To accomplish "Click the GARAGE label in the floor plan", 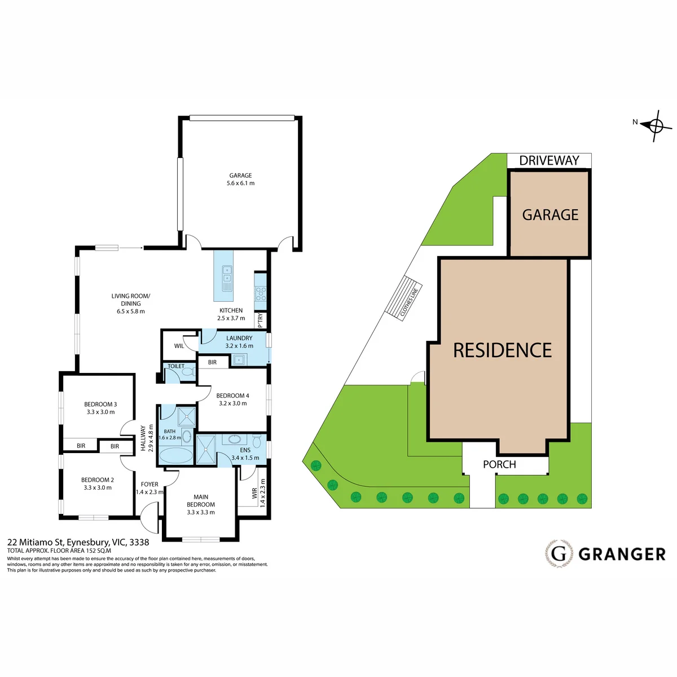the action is (240, 175).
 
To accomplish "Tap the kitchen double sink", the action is (227, 279).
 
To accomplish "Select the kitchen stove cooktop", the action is (261, 293).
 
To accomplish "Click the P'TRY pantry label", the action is (260, 320).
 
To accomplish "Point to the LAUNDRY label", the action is (239, 338).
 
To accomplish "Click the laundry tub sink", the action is (239, 360).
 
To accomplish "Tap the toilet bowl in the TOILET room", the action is (190, 372).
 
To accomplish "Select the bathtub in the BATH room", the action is (176, 456).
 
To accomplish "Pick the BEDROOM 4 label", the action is (232, 395).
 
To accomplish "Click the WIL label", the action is (179, 346).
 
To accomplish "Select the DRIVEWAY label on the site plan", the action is (549, 161).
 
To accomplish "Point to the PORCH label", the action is (499, 464).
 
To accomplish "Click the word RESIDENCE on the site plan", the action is (503, 350).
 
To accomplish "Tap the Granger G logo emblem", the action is (559, 554).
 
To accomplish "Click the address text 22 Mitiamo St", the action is (36, 542).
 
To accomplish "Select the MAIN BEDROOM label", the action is (201, 500).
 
